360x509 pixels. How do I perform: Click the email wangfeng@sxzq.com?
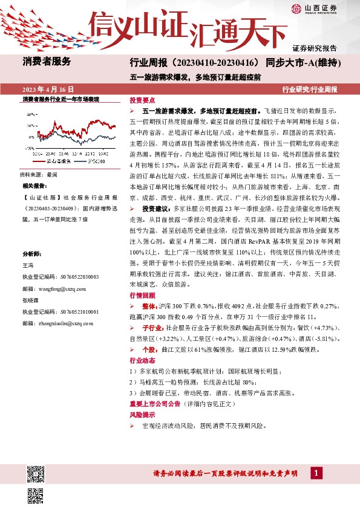(59, 289)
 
